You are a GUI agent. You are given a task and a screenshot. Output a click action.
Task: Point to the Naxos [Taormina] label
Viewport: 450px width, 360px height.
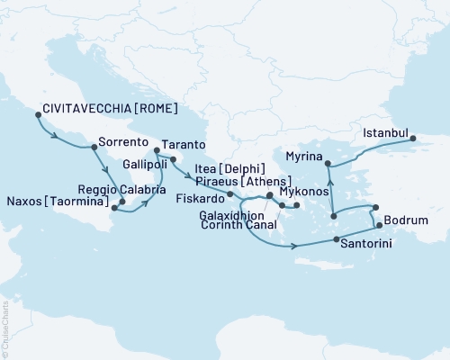pos(54,204)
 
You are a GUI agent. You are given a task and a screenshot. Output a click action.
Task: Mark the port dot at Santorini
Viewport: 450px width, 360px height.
pos(336,240)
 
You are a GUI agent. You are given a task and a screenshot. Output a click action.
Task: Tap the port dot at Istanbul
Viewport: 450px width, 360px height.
pos(413,138)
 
